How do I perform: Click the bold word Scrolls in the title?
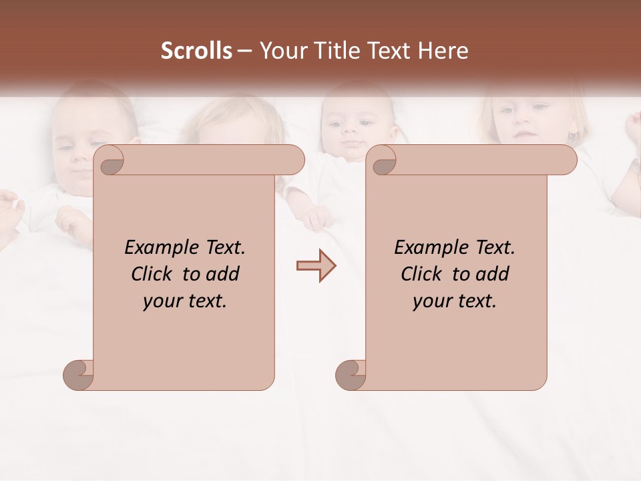coord(196,51)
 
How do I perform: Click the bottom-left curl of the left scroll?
coord(77,375)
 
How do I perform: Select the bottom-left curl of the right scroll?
coord(350,375)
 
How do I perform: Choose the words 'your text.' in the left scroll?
coord(185,301)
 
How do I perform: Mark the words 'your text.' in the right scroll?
coord(455,301)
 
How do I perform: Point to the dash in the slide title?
coord(244,51)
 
